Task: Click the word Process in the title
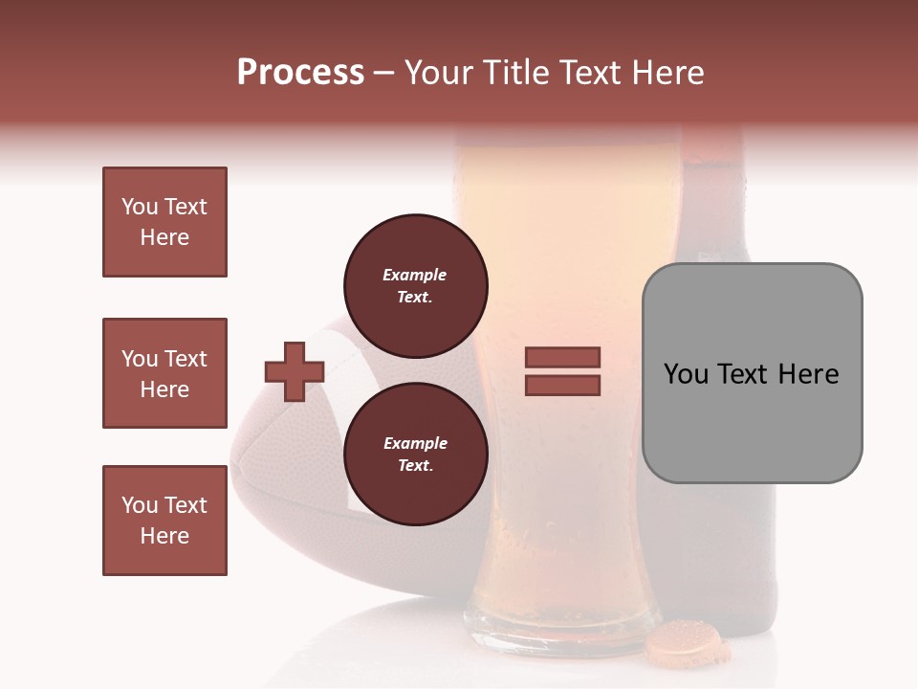click(x=300, y=73)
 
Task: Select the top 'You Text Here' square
click(x=164, y=222)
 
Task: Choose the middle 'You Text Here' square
click(x=164, y=373)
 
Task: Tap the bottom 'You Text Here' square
click(x=164, y=521)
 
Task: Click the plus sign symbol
click(x=294, y=370)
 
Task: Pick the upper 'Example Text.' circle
click(x=415, y=285)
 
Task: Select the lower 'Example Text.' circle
click(x=415, y=454)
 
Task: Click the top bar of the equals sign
click(x=562, y=357)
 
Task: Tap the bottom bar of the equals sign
click(x=562, y=385)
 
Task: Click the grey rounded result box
click(x=752, y=373)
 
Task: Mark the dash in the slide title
click(x=384, y=73)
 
